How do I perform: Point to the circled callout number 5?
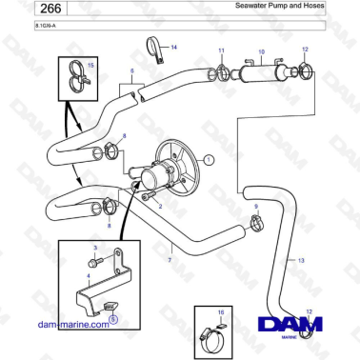pos(113,321)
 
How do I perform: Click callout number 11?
pos(220,50)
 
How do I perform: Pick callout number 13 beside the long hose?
pos(300,259)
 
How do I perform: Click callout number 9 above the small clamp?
pos(255,207)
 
